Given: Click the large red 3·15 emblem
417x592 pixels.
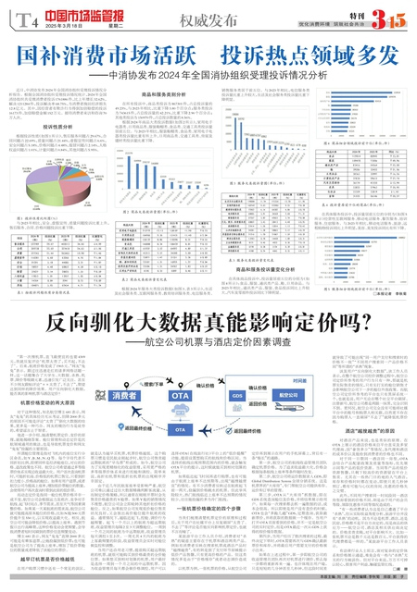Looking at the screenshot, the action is pos(386,17).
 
